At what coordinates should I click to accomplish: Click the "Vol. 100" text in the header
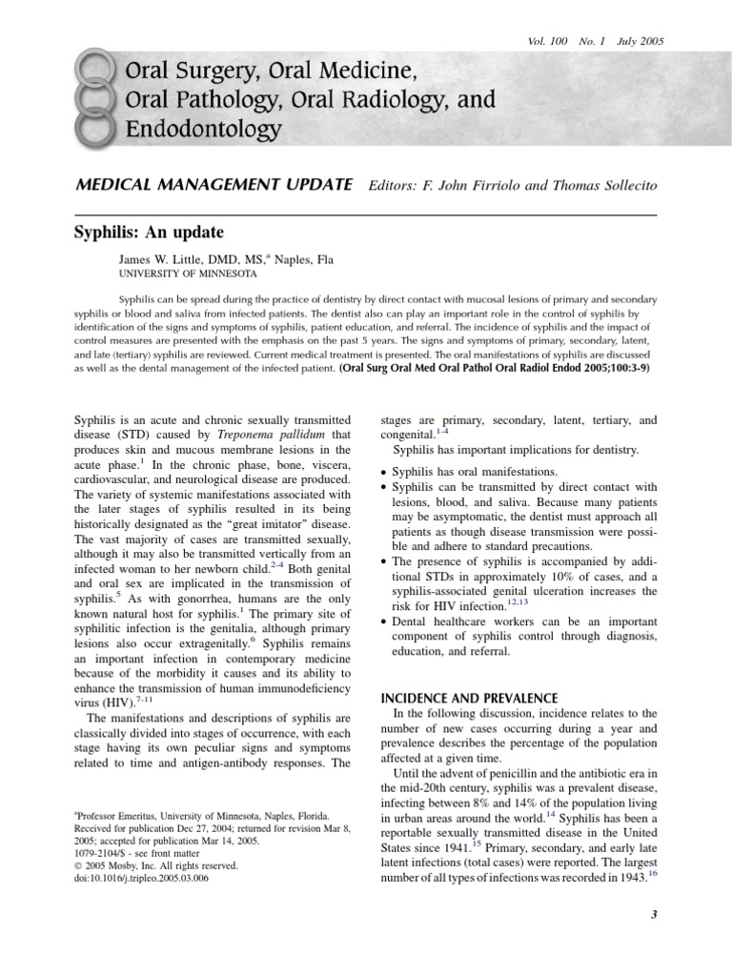click(547, 42)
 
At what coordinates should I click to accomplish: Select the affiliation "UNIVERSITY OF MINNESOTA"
click(187, 274)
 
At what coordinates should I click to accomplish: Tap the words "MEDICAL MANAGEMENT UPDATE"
click(214, 184)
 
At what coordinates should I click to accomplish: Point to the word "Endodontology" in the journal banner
click(203, 129)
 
